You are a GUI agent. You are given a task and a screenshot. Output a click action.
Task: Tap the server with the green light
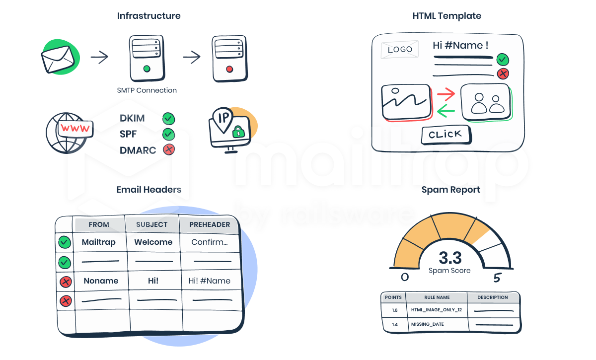coord(147,58)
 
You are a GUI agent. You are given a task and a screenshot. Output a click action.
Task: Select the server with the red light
coord(229,58)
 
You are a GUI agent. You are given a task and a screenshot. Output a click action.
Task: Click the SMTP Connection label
coord(147,90)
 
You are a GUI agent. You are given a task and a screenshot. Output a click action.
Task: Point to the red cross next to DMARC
coord(169,149)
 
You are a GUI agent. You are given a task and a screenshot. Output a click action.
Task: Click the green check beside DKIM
coord(169,119)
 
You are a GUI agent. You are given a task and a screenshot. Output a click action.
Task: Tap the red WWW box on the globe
coord(75,129)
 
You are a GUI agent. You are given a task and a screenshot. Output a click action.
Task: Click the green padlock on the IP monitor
coord(239,132)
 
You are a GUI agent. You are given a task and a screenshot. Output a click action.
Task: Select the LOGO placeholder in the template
coord(400,50)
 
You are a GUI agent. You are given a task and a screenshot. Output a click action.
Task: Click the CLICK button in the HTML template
coord(446,135)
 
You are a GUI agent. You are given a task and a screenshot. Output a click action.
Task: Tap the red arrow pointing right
coord(446,93)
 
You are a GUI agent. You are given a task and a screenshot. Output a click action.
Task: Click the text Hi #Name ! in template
coord(460,45)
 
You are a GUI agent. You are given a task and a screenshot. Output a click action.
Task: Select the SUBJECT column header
coord(152,224)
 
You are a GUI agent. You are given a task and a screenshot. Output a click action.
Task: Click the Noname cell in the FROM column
coord(101,281)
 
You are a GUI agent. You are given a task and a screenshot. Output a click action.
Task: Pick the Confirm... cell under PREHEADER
coord(210,242)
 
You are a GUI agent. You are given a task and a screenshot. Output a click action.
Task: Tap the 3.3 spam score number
coord(450,258)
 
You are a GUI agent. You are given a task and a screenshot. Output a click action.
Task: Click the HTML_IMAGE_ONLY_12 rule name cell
coord(437,310)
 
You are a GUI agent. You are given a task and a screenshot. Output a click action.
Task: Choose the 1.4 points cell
coord(394,324)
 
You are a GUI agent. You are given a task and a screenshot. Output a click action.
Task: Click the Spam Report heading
coord(450,190)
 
